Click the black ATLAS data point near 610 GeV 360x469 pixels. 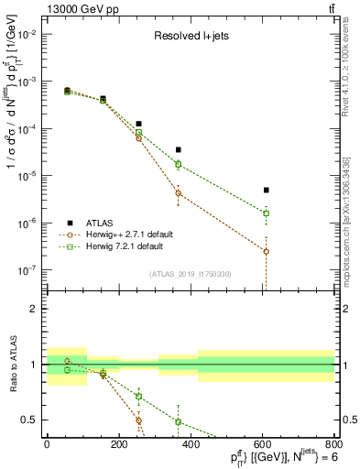click(x=266, y=190)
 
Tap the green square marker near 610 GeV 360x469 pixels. click(x=266, y=213)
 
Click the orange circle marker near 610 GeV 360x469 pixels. click(x=266, y=251)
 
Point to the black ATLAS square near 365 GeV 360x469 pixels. click(x=178, y=149)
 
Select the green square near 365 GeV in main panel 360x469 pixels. click(x=178, y=165)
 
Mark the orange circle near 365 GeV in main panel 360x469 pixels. click(x=178, y=193)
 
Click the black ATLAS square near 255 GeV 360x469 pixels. click(x=138, y=124)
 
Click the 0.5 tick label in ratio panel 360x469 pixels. click(x=33, y=420)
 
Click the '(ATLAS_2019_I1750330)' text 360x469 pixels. click(x=191, y=273)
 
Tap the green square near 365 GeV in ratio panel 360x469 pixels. click(x=178, y=421)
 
